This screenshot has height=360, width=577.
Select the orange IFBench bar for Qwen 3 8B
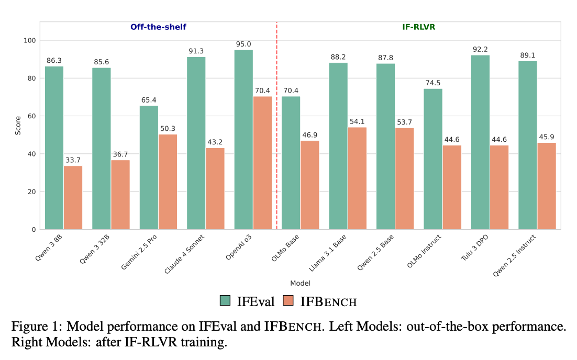point(73,197)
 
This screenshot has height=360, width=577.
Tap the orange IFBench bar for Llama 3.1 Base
point(357,178)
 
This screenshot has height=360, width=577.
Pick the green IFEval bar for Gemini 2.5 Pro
point(149,167)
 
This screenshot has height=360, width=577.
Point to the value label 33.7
point(73,160)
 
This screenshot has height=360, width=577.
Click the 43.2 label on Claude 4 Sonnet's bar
point(215,142)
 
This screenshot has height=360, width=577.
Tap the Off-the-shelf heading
point(158,27)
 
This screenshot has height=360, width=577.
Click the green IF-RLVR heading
point(418,27)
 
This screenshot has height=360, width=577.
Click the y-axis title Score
point(18,126)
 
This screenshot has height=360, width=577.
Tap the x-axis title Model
point(300,283)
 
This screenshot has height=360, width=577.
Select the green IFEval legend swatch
point(226,301)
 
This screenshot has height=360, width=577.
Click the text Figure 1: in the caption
point(32,327)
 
